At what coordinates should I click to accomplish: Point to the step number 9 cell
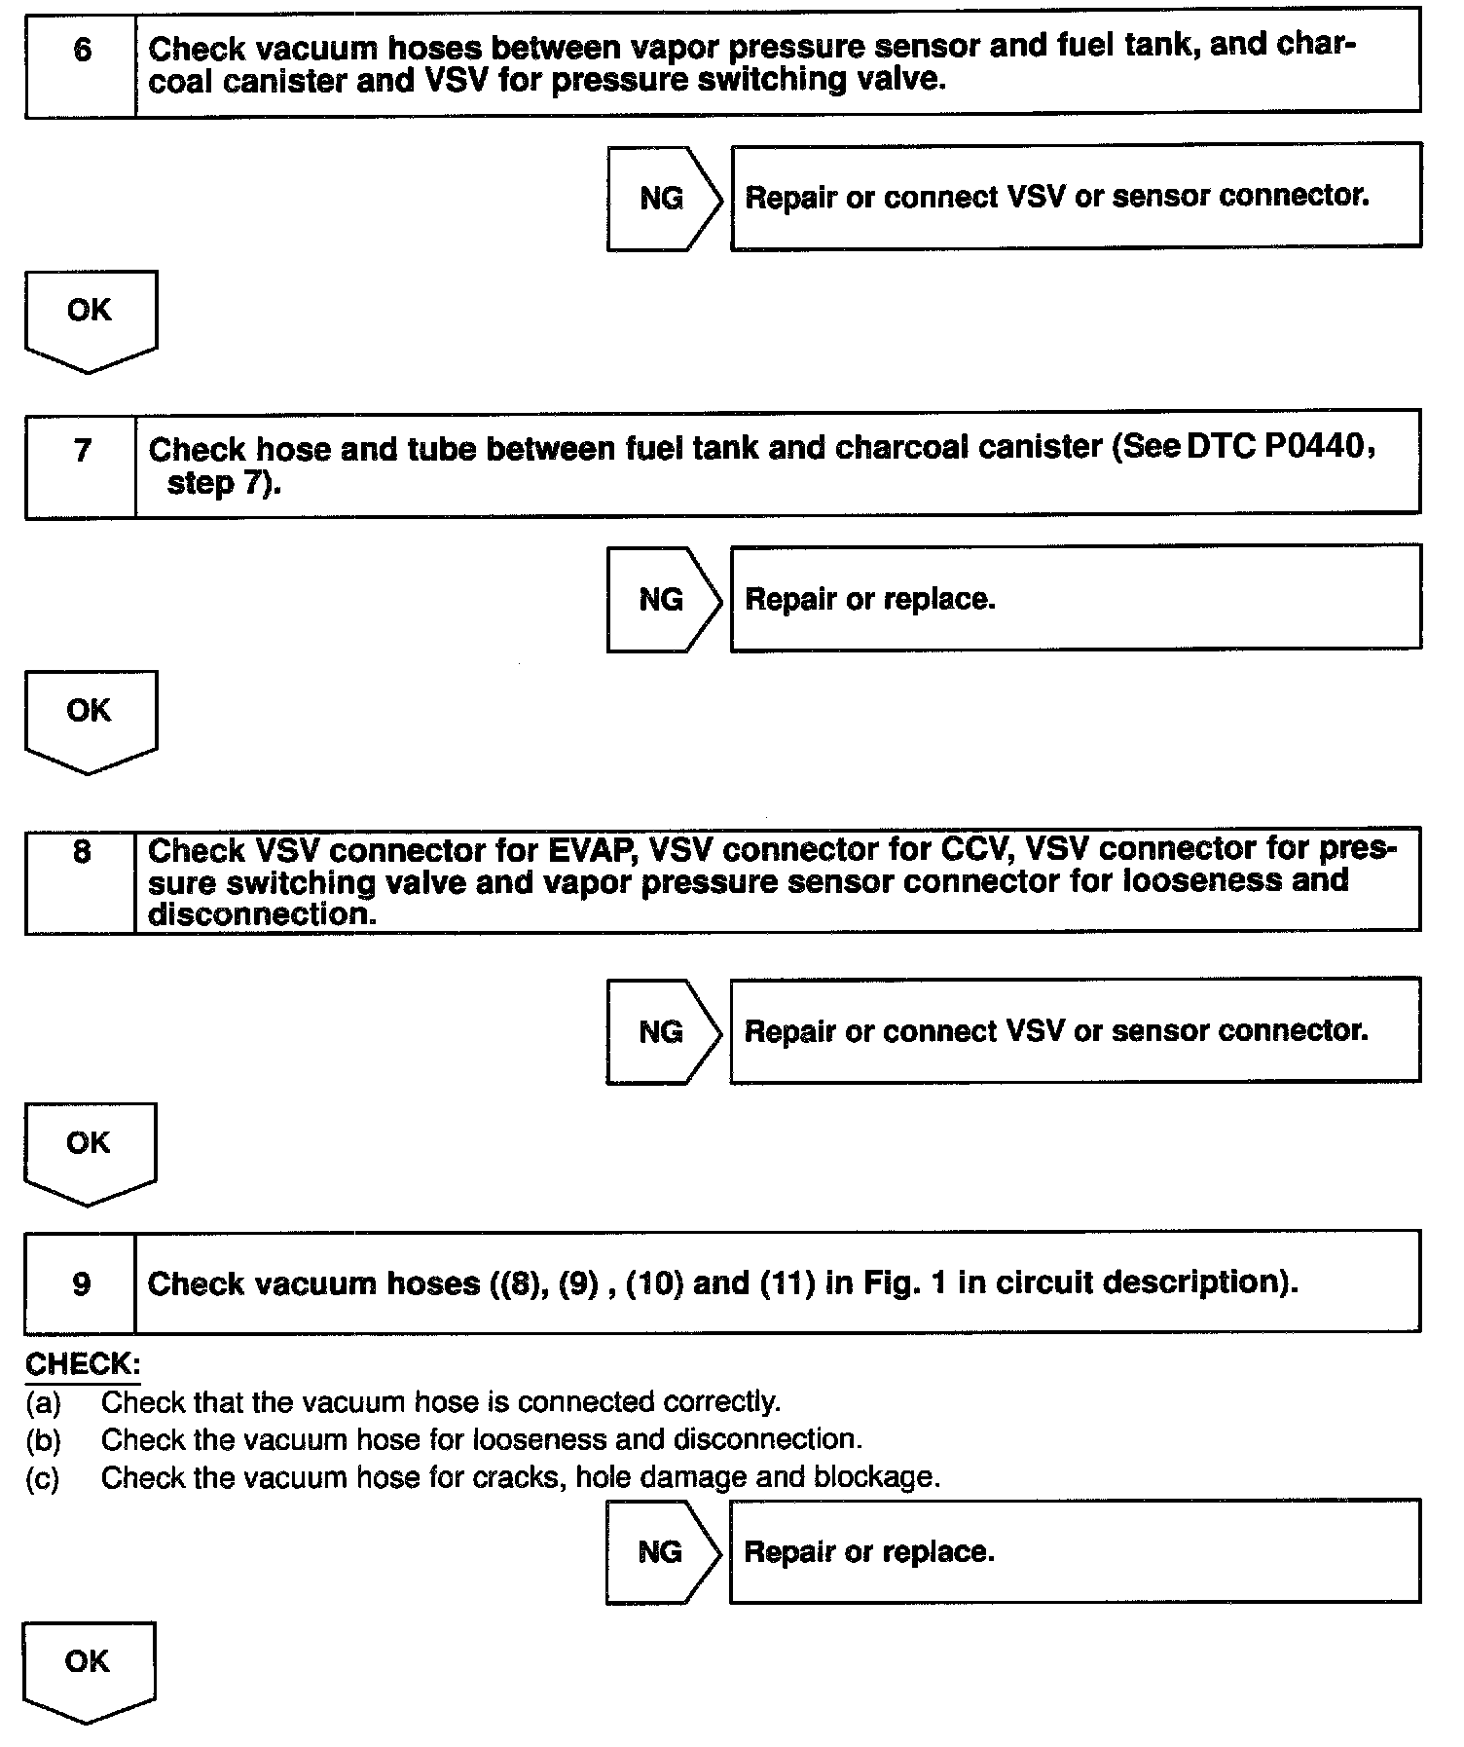[82, 1283]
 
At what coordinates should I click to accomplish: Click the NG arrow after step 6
[663, 199]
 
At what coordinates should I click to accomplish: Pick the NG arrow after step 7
[663, 600]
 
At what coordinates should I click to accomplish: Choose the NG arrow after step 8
[663, 1032]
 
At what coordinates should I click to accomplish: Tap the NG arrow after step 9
[662, 1552]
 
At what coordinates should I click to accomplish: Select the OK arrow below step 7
[90, 719]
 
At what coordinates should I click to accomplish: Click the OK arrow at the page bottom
[88, 1669]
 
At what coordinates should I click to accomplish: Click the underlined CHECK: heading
[82, 1364]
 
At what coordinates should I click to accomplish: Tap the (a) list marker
[43, 1403]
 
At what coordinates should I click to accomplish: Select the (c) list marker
[43, 1479]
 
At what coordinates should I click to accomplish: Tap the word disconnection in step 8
[261, 914]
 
